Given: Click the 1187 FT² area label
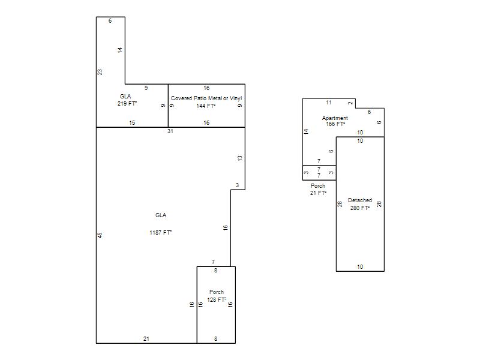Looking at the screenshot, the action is pyautogui.click(x=160, y=233).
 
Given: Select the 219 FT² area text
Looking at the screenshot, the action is pyautogui.click(x=127, y=103).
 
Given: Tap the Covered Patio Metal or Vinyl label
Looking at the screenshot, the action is pyautogui.click(x=206, y=98).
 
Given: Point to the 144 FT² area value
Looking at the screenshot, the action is pyautogui.click(x=206, y=106).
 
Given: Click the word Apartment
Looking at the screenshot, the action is pyautogui.click(x=335, y=118).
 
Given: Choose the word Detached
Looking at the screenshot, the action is pyautogui.click(x=360, y=200).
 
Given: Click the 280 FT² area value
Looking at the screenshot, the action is pyautogui.click(x=360, y=208).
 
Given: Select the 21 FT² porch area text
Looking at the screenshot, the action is pyautogui.click(x=318, y=193).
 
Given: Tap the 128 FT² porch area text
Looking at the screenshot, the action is pyautogui.click(x=217, y=299).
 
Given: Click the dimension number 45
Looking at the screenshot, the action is pyautogui.click(x=100, y=235).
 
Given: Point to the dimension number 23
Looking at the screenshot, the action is pyautogui.click(x=100, y=72).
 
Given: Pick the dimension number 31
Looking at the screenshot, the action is pyautogui.click(x=170, y=131).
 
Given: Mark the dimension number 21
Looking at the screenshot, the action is pyautogui.click(x=146, y=338).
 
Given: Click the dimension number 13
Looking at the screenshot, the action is pyautogui.click(x=239, y=158).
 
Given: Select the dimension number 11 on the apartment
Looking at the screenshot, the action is pyautogui.click(x=329, y=103).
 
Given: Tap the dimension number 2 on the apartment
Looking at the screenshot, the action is pyautogui.click(x=350, y=103).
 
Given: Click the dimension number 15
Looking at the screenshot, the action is pyautogui.click(x=132, y=123).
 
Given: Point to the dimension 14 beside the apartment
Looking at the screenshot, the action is pyautogui.click(x=306, y=131).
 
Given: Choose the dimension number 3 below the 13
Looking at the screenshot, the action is pyautogui.click(x=237, y=185).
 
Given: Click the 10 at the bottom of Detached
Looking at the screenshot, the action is pyautogui.click(x=360, y=267).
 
